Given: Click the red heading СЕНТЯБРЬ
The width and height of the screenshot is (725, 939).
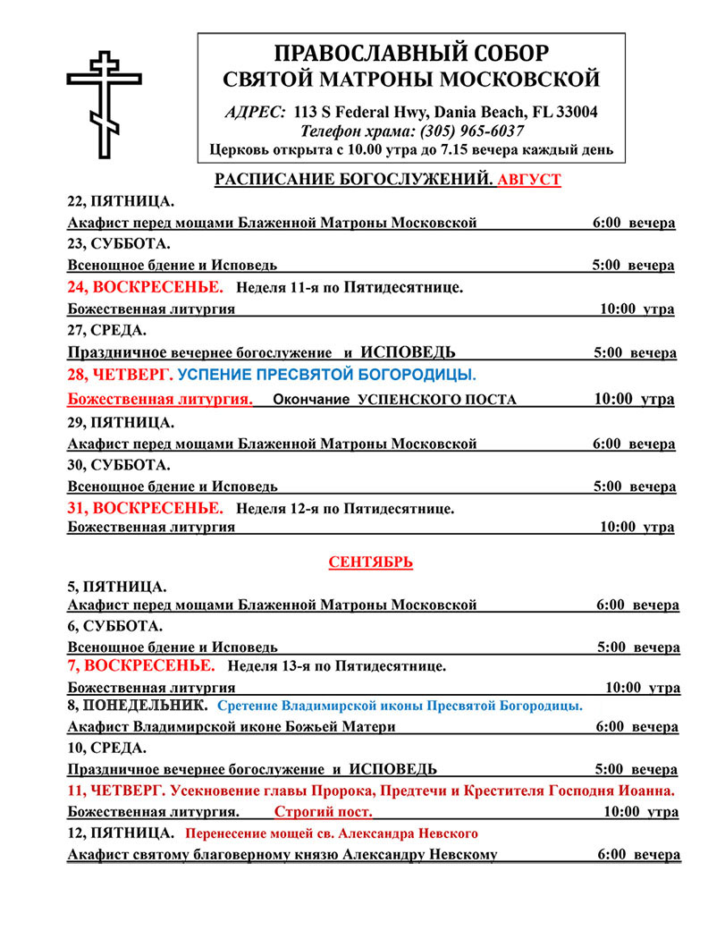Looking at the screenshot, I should (x=370, y=563).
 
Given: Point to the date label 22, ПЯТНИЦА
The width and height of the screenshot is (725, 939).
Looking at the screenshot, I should (x=121, y=202).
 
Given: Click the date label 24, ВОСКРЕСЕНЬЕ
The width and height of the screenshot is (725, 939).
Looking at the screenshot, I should (x=145, y=287).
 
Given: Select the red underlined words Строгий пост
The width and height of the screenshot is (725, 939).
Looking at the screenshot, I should (x=323, y=812).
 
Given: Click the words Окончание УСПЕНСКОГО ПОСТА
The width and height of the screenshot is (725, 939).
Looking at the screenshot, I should (x=394, y=399).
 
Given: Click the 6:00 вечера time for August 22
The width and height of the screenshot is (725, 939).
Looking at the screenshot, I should (x=634, y=223).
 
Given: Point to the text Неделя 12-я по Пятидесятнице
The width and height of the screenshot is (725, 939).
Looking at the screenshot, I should (x=346, y=509).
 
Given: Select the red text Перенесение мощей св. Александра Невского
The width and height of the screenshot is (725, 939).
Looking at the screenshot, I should (x=331, y=833).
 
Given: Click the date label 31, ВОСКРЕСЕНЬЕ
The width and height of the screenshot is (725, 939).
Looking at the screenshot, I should (x=145, y=508).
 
